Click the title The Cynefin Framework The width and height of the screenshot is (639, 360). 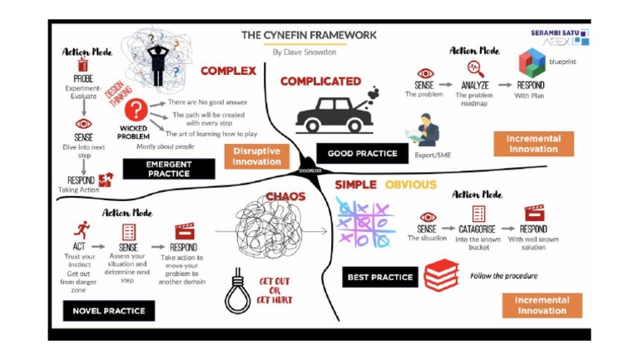[x=309, y=35]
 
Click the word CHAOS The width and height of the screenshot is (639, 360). [x=285, y=196]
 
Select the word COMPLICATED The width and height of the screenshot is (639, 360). [x=320, y=81]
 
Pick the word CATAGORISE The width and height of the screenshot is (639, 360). [x=478, y=229]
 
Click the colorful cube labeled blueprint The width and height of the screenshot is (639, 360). [x=531, y=63]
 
